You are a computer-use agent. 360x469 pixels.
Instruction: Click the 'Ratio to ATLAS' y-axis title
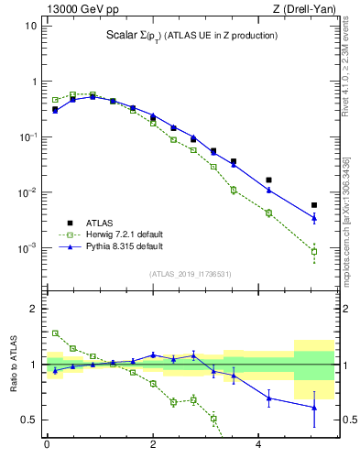(x=13, y=364)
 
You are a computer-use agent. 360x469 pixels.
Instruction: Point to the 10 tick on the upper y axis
(x=30, y=26)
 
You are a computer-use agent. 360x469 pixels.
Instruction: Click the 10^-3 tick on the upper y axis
(x=27, y=248)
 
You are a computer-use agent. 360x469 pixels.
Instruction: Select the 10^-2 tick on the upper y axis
(x=27, y=192)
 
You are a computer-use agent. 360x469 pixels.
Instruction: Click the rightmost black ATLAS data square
(x=314, y=205)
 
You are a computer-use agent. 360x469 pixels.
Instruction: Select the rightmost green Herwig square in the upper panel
(x=314, y=251)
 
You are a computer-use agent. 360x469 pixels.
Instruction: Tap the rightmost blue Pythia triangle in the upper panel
(x=314, y=218)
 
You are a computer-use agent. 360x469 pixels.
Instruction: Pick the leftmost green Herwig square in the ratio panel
(x=55, y=333)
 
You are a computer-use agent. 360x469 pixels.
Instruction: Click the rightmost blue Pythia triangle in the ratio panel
(x=314, y=407)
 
